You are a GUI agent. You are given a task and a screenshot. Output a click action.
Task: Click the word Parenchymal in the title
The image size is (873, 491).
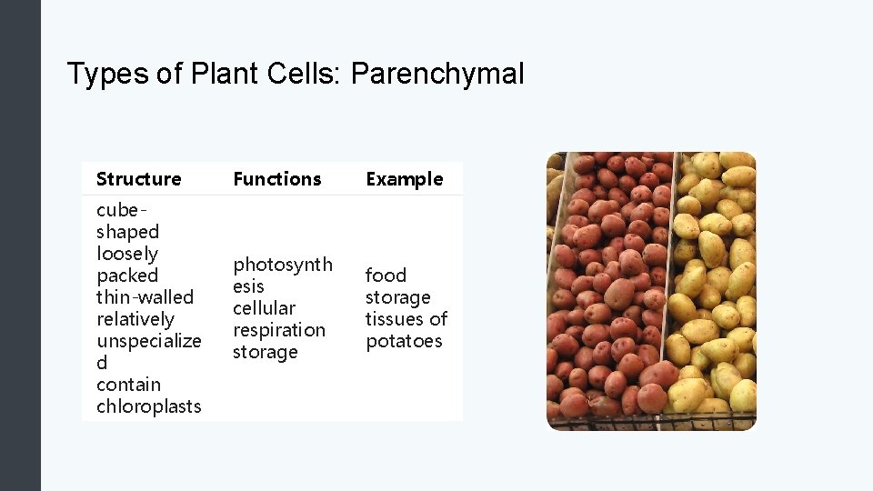(x=436, y=74)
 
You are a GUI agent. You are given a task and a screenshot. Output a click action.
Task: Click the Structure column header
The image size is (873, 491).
(x=138, y=179)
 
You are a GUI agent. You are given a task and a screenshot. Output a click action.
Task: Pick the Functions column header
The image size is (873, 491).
(x=277, y=179)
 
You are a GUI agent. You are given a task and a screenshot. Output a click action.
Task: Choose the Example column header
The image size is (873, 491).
(x=404, y=179)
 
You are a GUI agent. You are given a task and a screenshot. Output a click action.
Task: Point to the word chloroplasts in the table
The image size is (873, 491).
(x=148, y=406)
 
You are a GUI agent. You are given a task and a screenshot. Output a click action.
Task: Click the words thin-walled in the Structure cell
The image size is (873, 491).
(x=145, y=297)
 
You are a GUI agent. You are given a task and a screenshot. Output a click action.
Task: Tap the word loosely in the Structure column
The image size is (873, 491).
(x=127, y=254)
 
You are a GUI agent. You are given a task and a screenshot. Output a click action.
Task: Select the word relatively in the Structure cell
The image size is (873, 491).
(x=135, y=319)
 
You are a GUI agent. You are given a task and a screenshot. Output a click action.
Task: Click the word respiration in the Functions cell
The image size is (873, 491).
(x=278, y=330)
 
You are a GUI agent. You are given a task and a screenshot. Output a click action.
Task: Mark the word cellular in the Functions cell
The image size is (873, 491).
(x=264, y=308)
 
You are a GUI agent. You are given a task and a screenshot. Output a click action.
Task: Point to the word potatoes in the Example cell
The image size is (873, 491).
(x=404, y=341)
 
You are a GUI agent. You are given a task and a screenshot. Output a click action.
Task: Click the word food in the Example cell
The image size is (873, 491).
(x=386, y=276)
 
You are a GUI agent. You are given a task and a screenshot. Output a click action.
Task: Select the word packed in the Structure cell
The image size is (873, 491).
(x=127, y=276)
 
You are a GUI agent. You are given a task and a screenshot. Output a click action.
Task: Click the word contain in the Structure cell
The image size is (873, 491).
(x=128, y=385)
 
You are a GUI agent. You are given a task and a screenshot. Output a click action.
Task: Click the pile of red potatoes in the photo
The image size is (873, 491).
(x=609, y=291)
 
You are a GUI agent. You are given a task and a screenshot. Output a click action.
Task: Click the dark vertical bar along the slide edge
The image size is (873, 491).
(x=20, y=245)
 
